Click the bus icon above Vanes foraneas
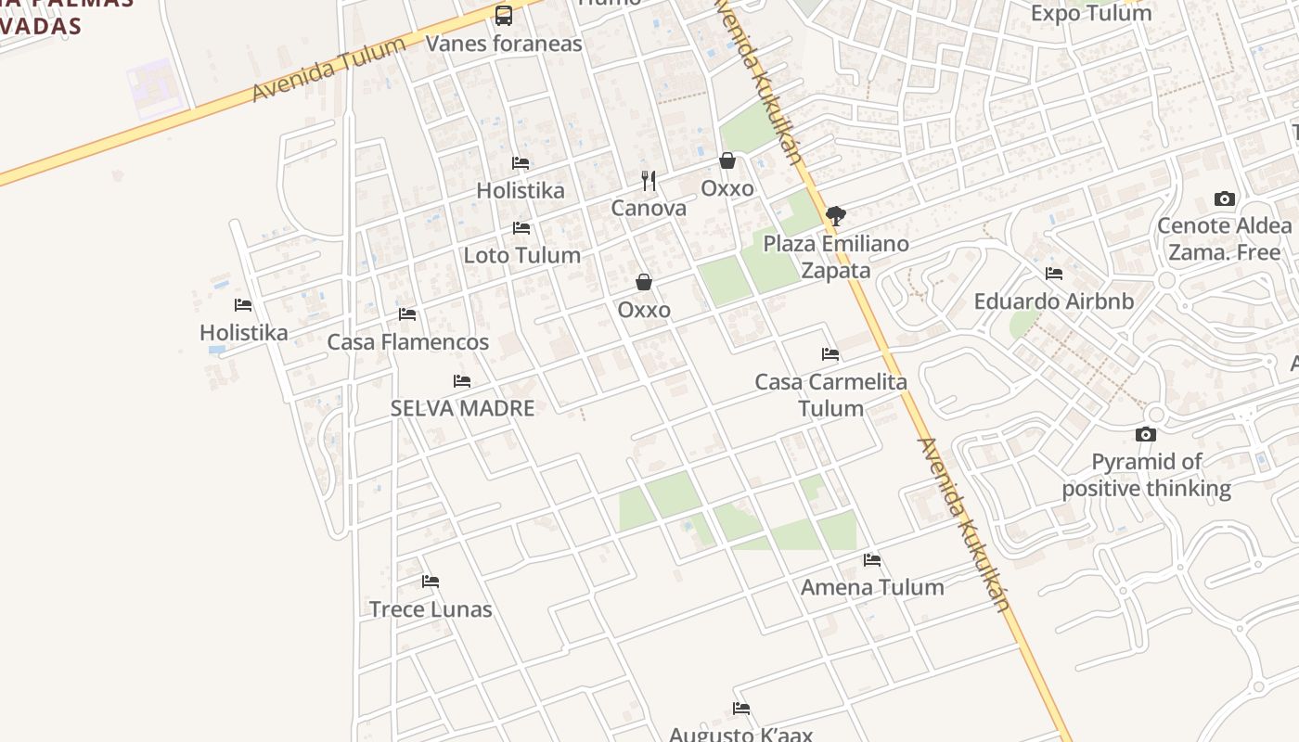coord(504,15)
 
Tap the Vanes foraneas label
coord(504,43)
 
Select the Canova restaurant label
coord(649,208)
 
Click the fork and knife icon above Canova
coord(649,180)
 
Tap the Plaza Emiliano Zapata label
coord(836,257)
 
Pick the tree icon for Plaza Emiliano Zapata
coord(836,216)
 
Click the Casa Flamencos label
coord(407,341)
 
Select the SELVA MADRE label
coord(462,408)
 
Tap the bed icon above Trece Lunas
coord(431,582)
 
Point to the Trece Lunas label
coord(431,609)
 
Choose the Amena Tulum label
coord(872,587)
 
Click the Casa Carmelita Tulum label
coord(830,394)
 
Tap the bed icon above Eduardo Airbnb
coord(1054,274)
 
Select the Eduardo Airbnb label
coord(1054,301)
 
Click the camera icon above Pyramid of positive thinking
coord(1146,434)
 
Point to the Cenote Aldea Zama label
coord(1224,238)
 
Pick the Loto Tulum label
coord(521,255)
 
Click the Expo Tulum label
coord(1091,13)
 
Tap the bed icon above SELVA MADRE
coord(462,381)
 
